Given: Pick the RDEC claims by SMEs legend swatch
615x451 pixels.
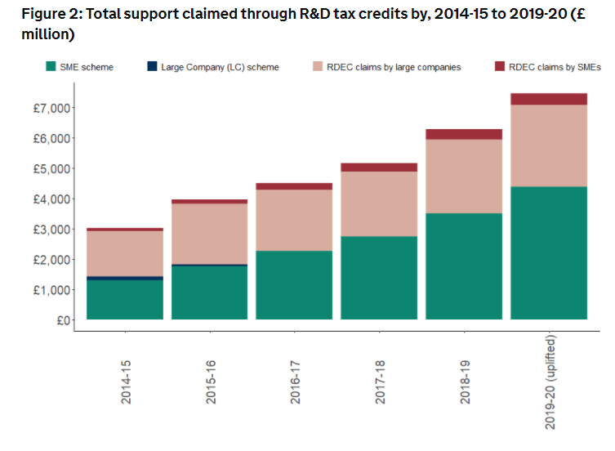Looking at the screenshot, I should point(497,67).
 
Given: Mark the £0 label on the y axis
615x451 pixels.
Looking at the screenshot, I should point(60,320).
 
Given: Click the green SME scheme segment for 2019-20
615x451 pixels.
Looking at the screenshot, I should point(549,253).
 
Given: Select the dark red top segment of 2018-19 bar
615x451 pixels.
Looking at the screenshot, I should point(464,135).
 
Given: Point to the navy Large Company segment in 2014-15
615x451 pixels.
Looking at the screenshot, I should point(125,279).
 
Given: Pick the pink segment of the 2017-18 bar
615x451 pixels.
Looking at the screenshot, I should point(379,204).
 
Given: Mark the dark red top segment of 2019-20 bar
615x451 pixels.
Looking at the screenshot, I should point(549,99).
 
